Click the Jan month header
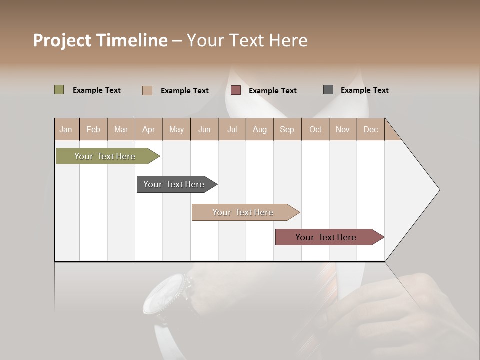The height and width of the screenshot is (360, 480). pos(66,129)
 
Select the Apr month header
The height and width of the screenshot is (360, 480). pos(149,129)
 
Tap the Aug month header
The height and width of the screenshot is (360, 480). pos(259,129)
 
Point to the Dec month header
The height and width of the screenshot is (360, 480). pos(370,129)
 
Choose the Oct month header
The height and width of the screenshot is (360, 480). pos(315,129)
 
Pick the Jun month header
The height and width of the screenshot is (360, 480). pos(204,129)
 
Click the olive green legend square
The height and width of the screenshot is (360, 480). pos(59,90)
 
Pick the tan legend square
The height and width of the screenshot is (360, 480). pos(147,90)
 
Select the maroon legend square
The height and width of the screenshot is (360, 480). pos(236,90)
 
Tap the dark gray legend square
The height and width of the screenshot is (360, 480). pos(328,90)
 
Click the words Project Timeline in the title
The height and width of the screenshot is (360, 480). pos(100,40)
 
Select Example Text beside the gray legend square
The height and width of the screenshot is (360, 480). pos(364,90)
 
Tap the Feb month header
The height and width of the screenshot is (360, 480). pos(93,129)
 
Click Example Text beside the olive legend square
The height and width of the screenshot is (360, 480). pos(97,90)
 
